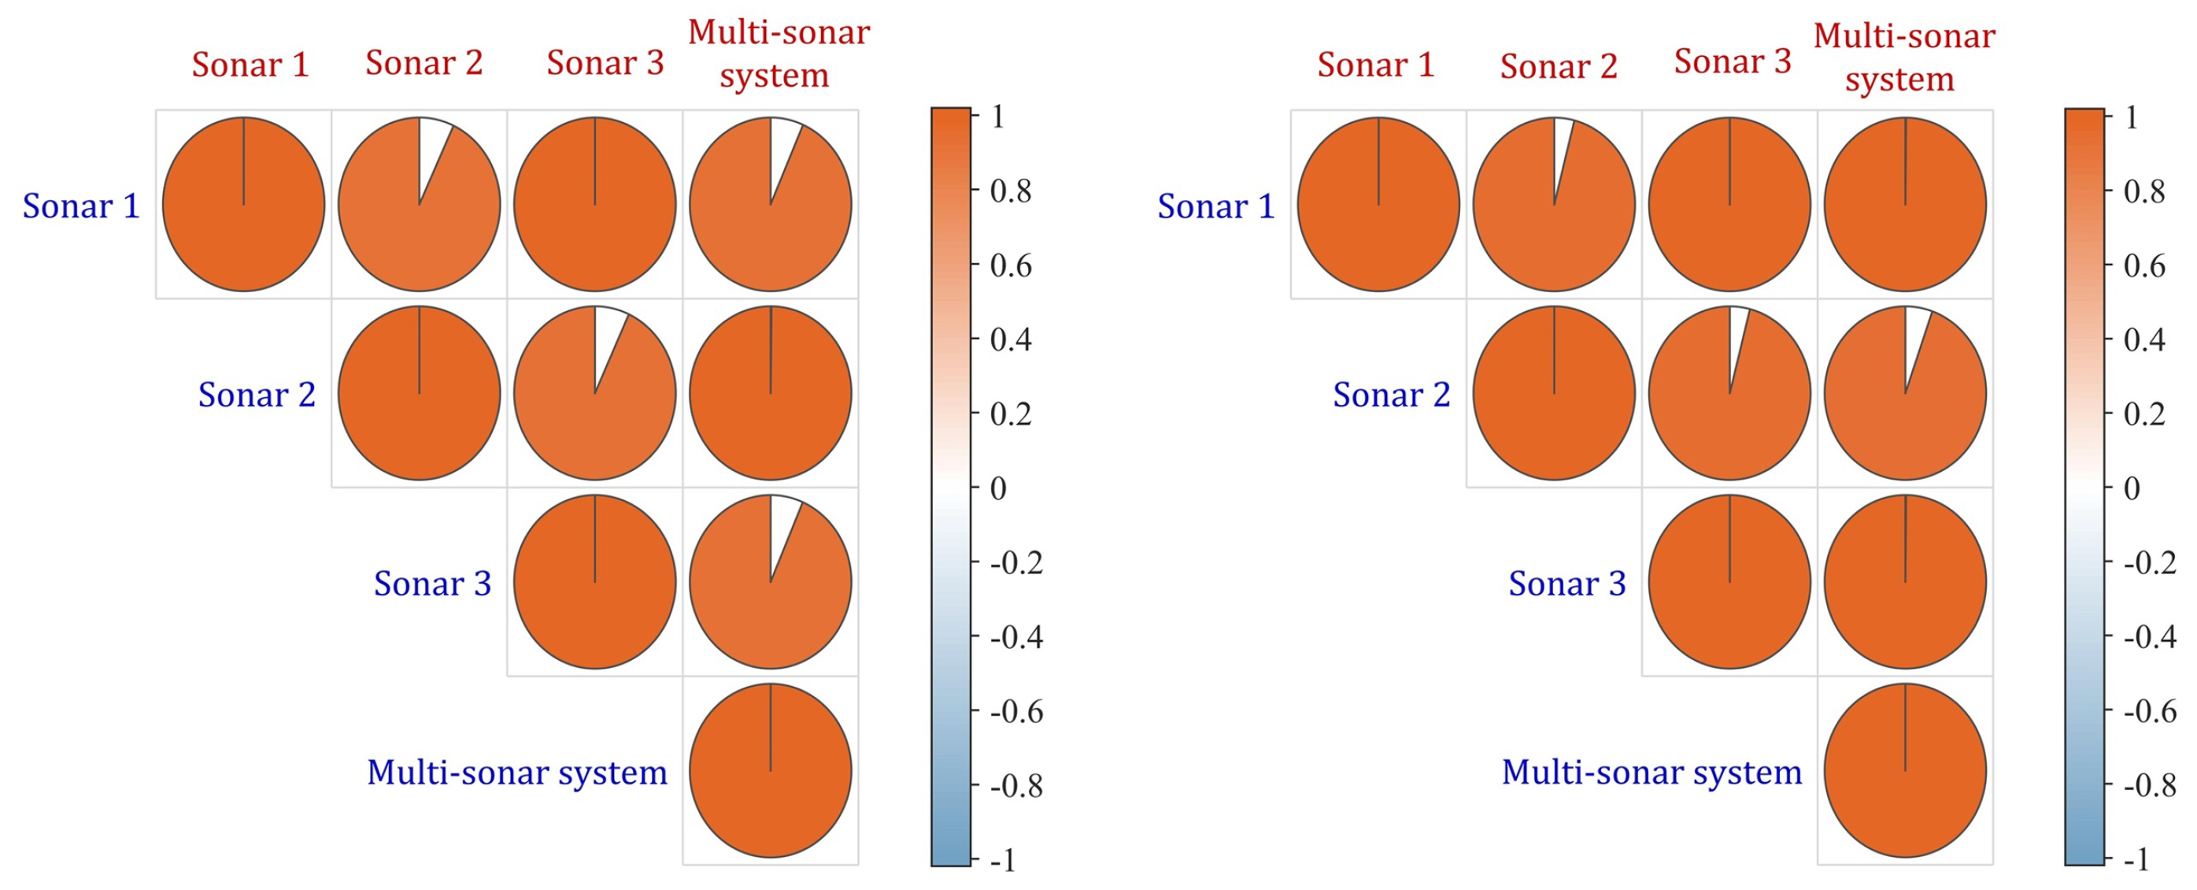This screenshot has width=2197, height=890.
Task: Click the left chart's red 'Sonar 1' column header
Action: coord(250,65)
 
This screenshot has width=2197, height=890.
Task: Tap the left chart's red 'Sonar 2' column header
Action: coord(423,63)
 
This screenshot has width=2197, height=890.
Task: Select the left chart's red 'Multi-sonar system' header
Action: coord(778,53)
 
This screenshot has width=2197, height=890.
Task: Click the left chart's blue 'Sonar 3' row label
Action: coord(432,584)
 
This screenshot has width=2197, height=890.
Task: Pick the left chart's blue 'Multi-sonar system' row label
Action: coord(517,772)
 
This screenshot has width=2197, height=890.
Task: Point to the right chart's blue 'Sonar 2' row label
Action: coord(1391,395)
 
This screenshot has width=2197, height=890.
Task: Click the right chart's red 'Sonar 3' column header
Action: coord(1733,61)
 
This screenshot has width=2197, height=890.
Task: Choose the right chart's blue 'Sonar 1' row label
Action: coord(1215,206)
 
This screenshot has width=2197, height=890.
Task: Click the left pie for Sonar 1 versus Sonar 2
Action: coord(420,205)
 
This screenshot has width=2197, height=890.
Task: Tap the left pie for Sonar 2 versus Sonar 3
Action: coord(594,393)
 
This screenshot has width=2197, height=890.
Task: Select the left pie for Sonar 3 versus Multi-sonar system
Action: coord(770,582)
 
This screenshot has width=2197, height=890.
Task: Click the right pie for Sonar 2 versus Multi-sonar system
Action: coord(1905,393)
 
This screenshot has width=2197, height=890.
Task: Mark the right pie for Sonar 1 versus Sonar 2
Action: coord(1554,205)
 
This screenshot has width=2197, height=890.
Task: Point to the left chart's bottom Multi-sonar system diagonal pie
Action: coord(770,770)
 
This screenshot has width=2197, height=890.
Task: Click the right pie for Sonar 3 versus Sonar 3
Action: coord(1729,582)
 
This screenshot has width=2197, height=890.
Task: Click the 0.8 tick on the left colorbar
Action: coord(1011,191)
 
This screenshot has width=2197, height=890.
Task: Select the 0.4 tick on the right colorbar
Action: coord(2144,339)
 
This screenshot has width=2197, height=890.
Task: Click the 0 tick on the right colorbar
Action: coord(2132,488)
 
